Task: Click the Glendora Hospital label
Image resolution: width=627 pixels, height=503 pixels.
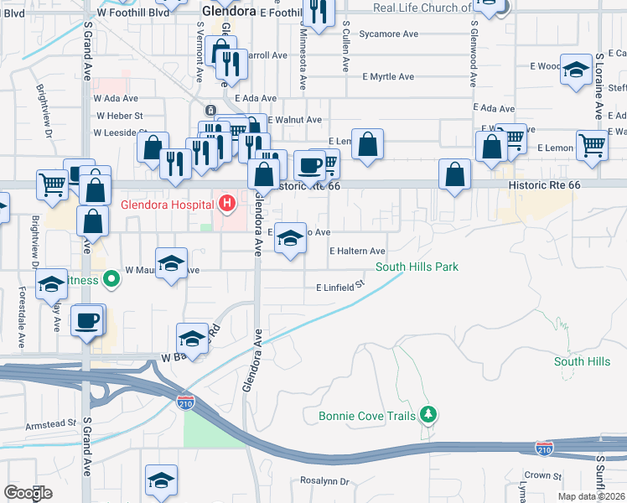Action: (x=167, y=204)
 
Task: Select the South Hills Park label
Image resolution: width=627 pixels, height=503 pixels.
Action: (x=416, y=267)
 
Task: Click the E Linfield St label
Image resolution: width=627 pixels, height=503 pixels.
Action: (x=341, y=287)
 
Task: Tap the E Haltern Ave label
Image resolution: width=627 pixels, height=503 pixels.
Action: (x=357, y=251)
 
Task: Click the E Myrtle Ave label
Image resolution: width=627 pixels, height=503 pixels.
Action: (x=388, y=76)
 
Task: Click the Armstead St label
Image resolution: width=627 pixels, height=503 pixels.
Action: (x=51, y=425)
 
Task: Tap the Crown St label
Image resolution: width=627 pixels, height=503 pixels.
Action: (x=544, y=475)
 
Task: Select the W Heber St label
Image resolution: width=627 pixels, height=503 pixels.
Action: (x=120, y=116)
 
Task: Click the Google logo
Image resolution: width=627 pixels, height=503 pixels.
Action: (x=28, y=493)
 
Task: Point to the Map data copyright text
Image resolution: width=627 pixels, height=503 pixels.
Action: (x=592, y=496)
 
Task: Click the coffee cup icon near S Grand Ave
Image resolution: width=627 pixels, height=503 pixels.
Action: (x=87, y=319)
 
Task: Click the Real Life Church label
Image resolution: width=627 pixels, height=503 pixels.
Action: (x=422, y=8)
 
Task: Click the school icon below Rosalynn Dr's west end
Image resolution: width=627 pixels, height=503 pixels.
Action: (x=161, y=480)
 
